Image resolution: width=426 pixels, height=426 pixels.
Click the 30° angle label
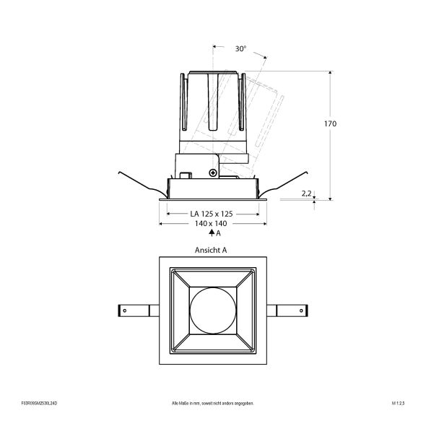coord(240,49)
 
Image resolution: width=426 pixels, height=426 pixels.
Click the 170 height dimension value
coord(330,123)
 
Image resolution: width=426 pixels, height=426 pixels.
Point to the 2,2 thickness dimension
coord(306,193)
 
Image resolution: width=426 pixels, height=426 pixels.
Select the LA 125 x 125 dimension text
coord(211,214)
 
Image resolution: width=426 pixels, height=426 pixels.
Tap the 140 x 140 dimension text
coord(211,225)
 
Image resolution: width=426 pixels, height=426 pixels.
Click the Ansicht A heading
coord(211,250)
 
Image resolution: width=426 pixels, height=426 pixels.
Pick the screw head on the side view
coord(212,173)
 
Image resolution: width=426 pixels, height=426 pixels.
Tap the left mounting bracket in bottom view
coord(134,310)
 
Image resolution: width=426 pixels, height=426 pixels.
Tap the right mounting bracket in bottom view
coord(288,310)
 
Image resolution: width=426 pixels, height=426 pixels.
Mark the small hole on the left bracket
coord(123,310)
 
